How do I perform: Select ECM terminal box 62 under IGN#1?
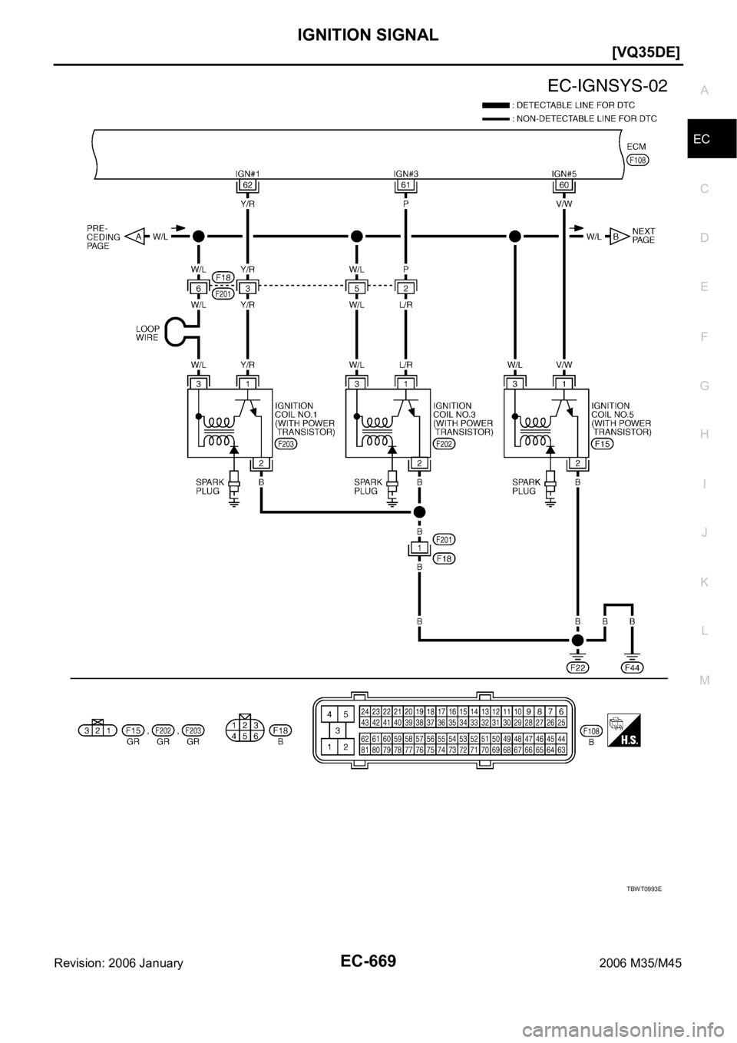coord(246,186)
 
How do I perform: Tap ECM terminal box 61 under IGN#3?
coord(405,186)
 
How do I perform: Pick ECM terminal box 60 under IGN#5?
coord(563,186)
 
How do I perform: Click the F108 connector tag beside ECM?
coord(638,161)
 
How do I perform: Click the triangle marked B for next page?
coord(615,237)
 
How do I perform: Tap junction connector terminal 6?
coord(198,288)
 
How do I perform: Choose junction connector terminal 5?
coord(356,288)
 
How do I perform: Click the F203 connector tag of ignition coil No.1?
coord(287,445)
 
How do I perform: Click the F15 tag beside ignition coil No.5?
coord(602,445)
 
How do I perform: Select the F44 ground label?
coord(632,667)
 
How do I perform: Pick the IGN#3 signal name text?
coord(405,174)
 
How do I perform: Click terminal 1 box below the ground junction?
coord(419,547)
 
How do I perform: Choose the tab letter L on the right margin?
coord(705,630)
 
